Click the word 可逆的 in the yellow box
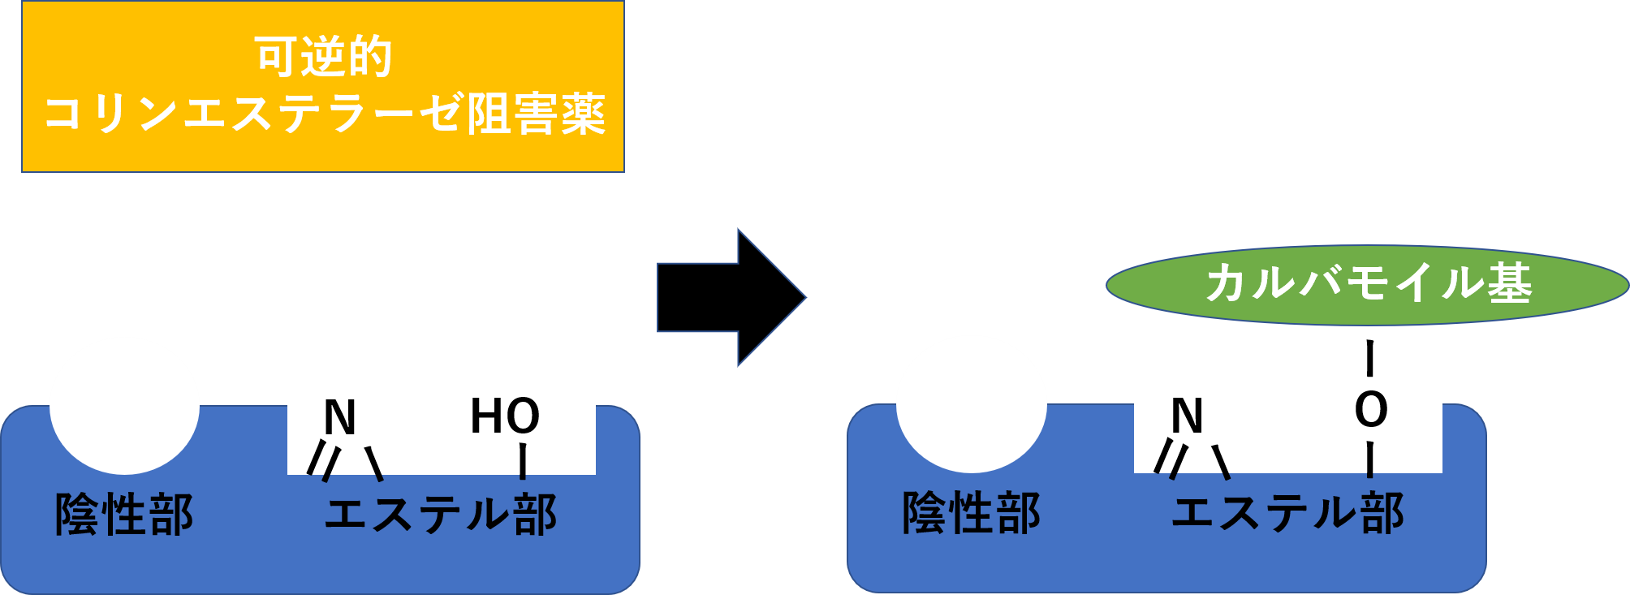(x=323, y=57)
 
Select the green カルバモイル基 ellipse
(x=1367, y=285)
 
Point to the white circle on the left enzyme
(x=124, y=405)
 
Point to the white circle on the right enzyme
(x=971, y=403)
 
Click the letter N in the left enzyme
(x=340, y=418)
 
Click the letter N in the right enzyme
(x=1187, y=416)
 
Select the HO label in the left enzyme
(x=504, y=416)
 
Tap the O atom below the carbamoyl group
(x=1371, y=410)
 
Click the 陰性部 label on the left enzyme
(x=124, y=515)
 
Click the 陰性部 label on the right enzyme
(x=971, y=513)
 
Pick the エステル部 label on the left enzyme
(x=441, y=515)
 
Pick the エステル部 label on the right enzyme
(x=1287, y=513)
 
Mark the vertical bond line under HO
(x=523, y=460)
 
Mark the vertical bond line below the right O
(x=1370, y=459)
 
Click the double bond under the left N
(x=322, y=462)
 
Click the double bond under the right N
(x=1169, y=459)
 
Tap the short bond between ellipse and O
(x=1370, y=369)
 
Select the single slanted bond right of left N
(x=374, y=463)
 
